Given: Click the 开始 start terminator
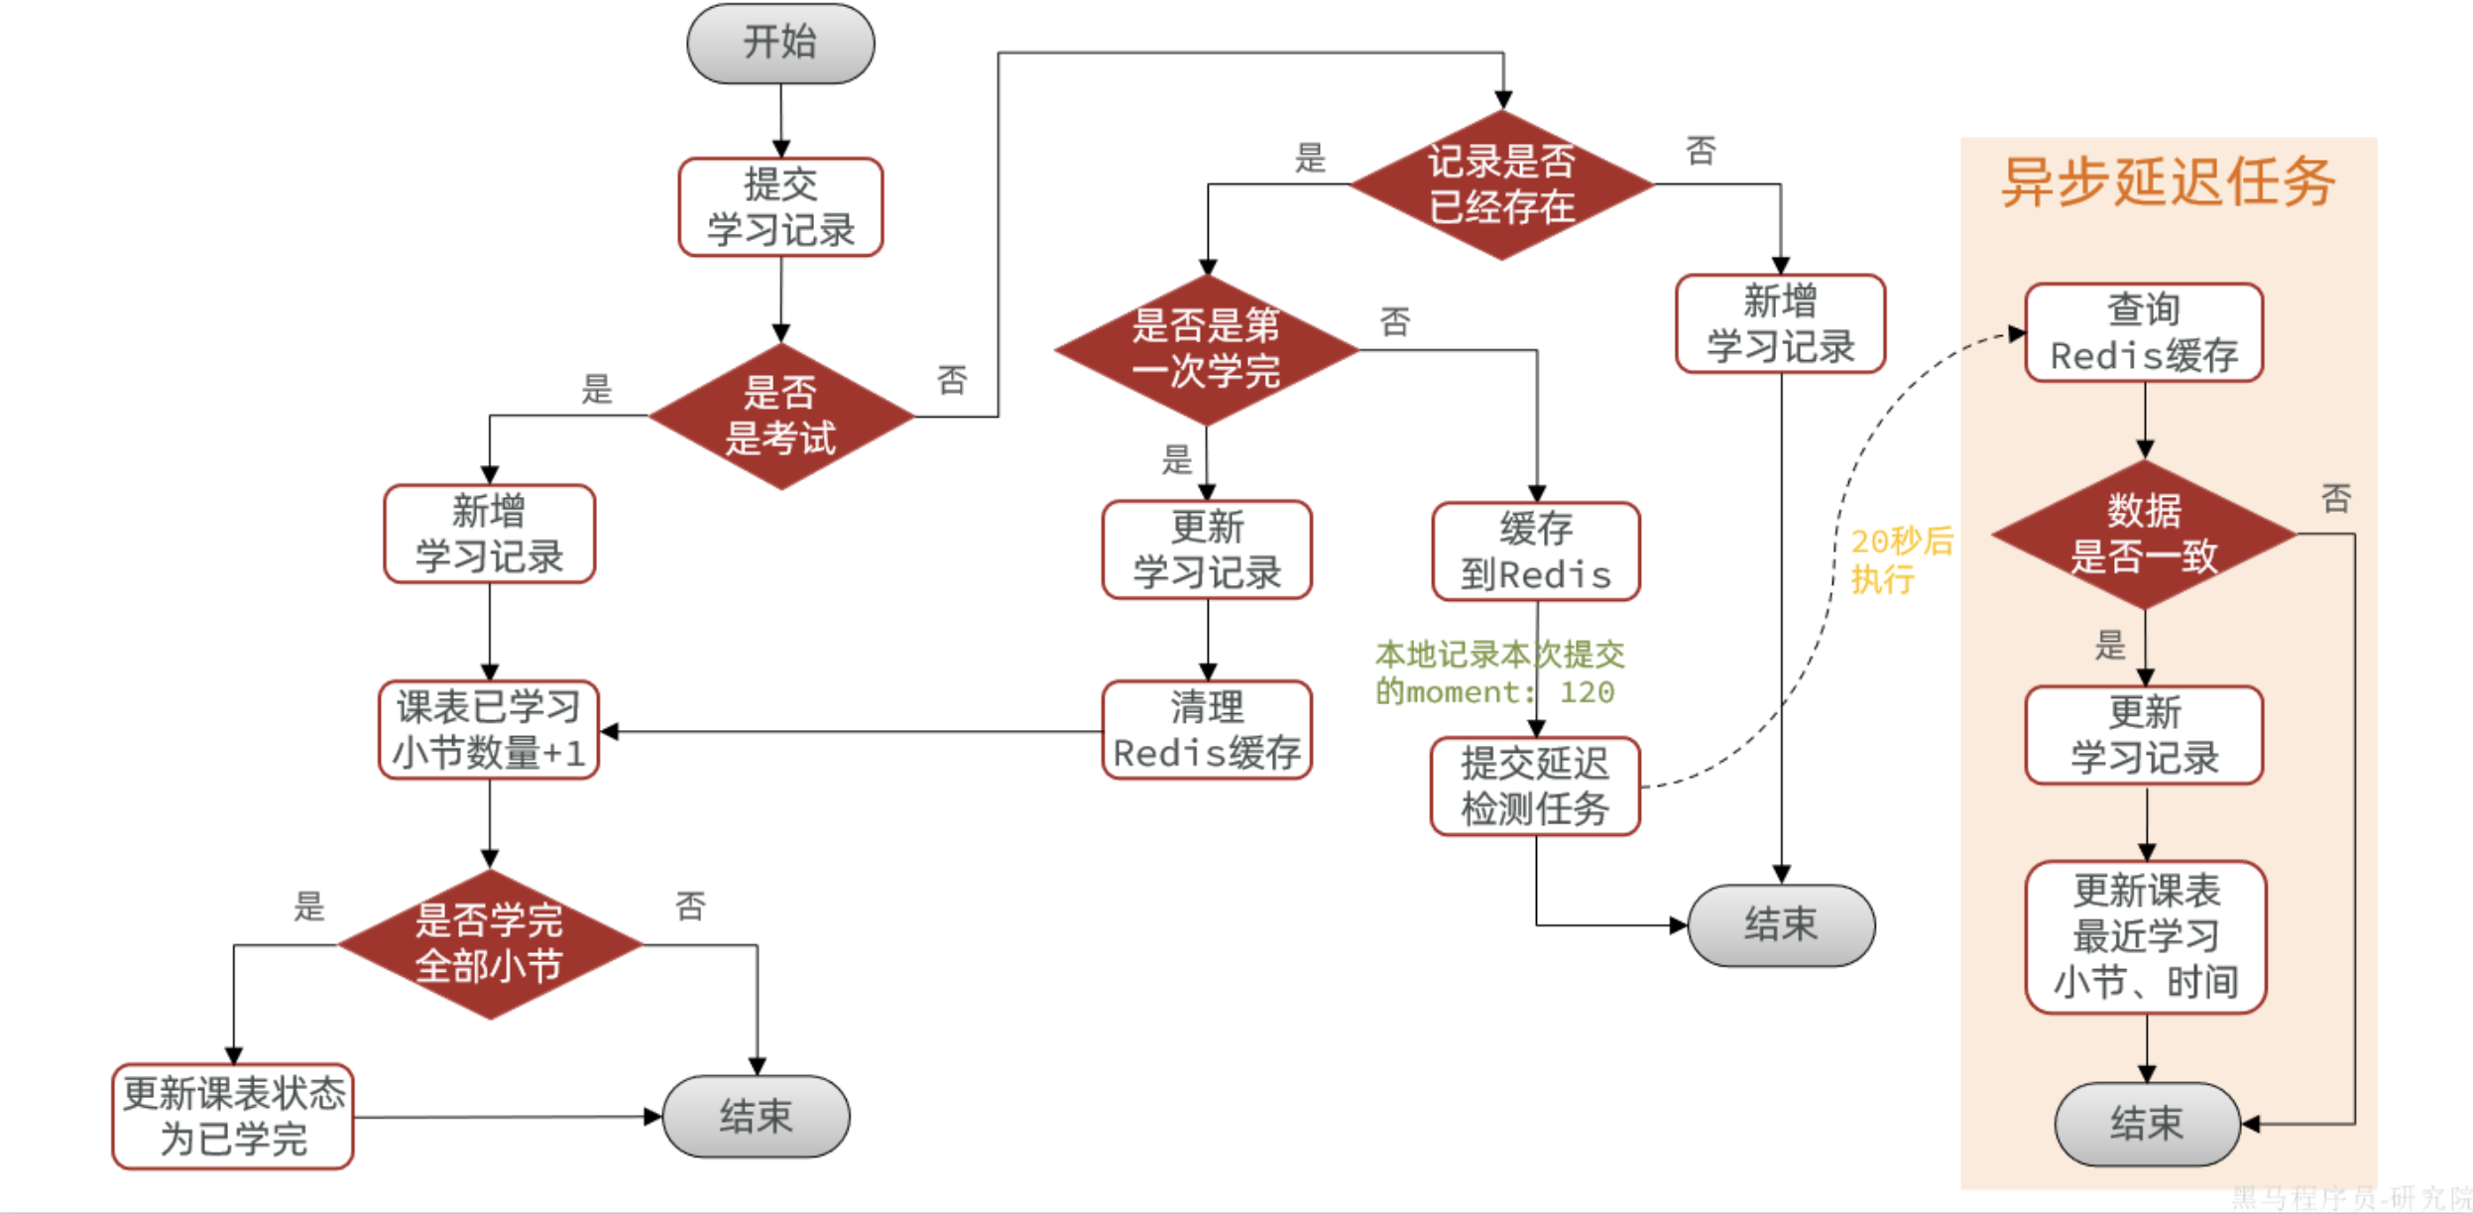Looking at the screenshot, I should click(x=780, y=43).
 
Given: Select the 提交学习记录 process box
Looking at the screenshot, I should click(x=780, y=207).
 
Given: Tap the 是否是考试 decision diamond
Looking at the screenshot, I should click(x=780, y=416).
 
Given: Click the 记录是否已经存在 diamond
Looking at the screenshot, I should click(x=1501, y=184).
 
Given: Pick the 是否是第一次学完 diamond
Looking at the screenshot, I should click(x=1206, y=349).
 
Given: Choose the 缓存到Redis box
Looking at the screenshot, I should click(x=1535, y=551).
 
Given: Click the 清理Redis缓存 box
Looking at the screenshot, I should click(x=1207, y=730).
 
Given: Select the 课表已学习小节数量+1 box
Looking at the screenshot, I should click(x=489, y=730).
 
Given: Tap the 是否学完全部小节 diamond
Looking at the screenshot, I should click(x=489, y=943).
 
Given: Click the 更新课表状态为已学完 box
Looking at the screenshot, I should click(x=233, y=1117).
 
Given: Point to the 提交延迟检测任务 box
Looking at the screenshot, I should click(x=1535, y=787).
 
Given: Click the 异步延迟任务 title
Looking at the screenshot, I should click(x=2168, y=182).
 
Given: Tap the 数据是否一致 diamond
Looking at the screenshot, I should click(x=2144, y=534).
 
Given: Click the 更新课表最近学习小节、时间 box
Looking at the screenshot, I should click(x=2146, y=936).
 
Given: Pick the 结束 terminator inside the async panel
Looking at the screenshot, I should click(x=2147, y=1124).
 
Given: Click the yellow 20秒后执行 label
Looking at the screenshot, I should click(x=1900, y=560).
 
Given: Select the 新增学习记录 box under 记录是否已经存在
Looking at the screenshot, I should click(x=1780, y=324).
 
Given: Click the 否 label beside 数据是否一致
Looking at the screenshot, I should click(x=2335, y=498).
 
